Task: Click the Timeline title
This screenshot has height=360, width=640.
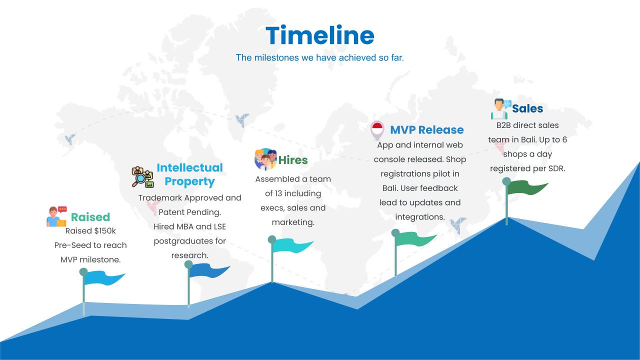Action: [319, 35]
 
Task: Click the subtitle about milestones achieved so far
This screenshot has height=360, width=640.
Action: [319, 57]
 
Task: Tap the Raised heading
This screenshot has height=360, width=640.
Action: [90, 217]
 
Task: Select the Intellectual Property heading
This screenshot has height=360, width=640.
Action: [189, 174]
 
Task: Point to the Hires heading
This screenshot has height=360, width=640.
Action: [293, 160]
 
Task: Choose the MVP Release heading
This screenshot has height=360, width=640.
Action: [427, 130]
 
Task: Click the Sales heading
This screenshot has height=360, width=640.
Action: [527, 108]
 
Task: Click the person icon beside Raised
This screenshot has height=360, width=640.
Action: [56, 216]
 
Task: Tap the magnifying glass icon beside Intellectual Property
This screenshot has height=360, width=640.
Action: [142, 177]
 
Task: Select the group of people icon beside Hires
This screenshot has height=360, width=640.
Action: [265, 159]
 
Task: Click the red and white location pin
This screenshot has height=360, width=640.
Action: [377, 130]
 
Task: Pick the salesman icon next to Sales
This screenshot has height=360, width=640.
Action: [500, 109]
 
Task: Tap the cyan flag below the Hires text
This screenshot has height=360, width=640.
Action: [292, 245]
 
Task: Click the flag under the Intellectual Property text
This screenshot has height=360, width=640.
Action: [209, 270]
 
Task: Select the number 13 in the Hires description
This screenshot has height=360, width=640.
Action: [278, 193]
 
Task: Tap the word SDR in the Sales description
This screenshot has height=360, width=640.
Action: [556, 168]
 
